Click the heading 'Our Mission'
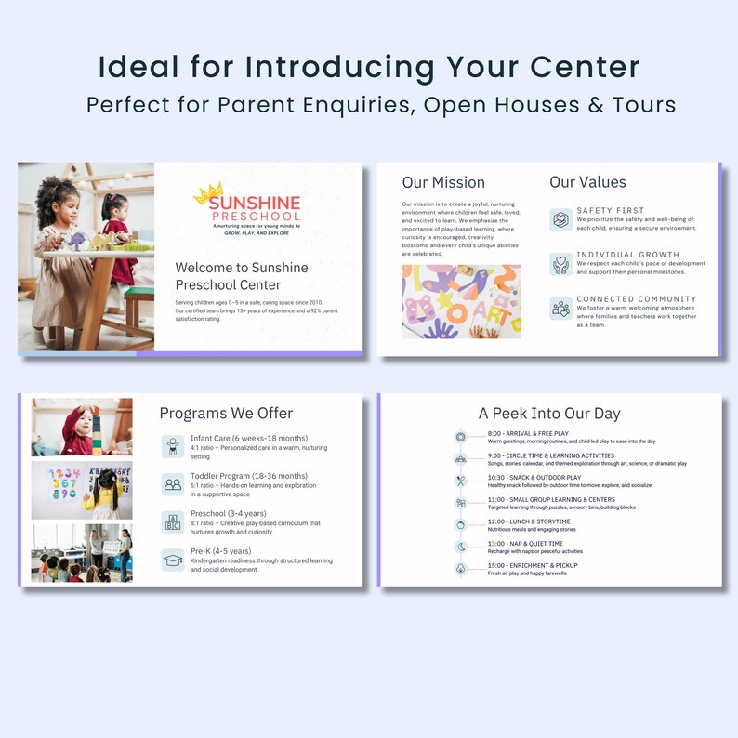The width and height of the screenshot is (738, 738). pyautogui.click(x=443, y=182)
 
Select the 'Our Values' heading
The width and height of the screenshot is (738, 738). pyautogui.click(x=587, y=182)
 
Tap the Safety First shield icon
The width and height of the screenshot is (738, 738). pyautogui.click(x=560, y=220)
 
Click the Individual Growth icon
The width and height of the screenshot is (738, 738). pyautogui.click(x=560, y=265)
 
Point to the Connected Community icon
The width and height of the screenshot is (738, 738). pyautogui.click(x=560, y=309)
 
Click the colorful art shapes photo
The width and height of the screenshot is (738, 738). pyautogui.click(x=461, y=301)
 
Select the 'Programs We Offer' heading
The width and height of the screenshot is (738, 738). pyautogui.click(x=226, y=414)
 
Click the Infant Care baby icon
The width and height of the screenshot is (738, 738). pyautogui.click(x=173, y=446)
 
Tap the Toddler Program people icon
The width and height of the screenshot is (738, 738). pyautogui.click(x=173, y=483)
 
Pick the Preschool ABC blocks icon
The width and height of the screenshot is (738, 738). pyautogui.click(x=173, y=521)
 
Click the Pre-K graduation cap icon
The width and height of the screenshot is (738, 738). pyautogui.click(x=173, y=560)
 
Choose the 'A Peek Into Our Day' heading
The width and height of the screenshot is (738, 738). pyautogui.click(x=549, y=414)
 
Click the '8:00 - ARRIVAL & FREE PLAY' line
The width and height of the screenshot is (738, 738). pyautogui.click(x=528, y=433)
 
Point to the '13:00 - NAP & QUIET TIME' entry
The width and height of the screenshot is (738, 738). pyautogui.click(x=525, y=544)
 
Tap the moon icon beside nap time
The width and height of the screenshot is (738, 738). pyautogui.click(x=460, y=547)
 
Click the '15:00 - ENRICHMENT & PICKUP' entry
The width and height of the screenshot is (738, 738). pyautogui.click(x=532, y=565)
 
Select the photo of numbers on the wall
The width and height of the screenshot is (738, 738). pyautogui.click(x=82, y=490)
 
